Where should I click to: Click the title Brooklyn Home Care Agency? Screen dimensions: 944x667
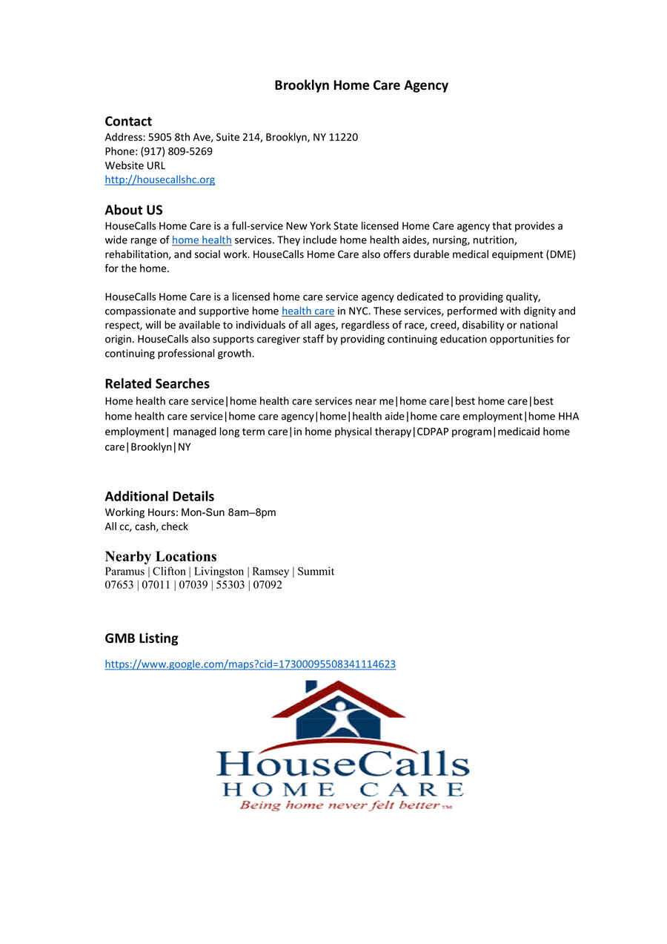(361, 85)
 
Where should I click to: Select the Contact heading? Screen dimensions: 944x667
(128, 122)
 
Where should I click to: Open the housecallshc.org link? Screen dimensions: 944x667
(159, 179)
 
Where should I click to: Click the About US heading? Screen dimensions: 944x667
(133, 211)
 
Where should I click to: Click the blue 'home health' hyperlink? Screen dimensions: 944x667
(202, 240)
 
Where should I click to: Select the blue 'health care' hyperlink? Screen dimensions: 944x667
(308, 311)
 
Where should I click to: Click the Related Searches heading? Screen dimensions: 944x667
(157, 384)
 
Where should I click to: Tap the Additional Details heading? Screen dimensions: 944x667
(159, 497)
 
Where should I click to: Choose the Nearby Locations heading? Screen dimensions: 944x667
(161, 557)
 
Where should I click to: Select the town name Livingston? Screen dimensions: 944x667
(219, 572)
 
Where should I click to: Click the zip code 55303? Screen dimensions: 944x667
(230, 585)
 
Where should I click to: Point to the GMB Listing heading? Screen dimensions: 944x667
(141, 638)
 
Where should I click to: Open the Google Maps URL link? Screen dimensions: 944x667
(250, 664)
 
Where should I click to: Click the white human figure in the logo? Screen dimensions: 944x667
(338, 716)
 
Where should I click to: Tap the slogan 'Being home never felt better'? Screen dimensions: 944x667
(339, 805)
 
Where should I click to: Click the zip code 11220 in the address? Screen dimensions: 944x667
(343, 137)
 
